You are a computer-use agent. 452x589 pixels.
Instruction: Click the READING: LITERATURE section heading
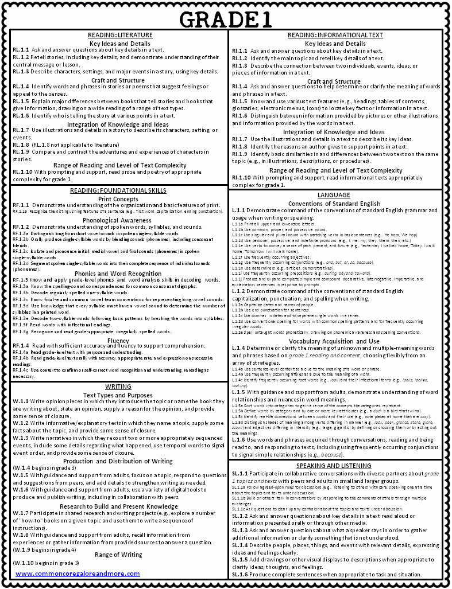pos(119,36)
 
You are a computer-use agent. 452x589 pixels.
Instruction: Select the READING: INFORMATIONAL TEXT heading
pos(335,36)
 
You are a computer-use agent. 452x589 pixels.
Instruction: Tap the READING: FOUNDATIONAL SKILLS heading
pos(118,190)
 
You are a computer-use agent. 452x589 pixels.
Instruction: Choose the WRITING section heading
pos(118,387)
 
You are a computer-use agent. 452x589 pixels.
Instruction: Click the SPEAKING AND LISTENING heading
pos(334,466)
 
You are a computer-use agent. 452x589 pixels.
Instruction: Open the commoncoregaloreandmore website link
pos(78,574)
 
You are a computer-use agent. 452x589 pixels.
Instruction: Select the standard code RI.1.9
pos(239,154)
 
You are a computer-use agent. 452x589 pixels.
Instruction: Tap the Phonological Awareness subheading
pos(117,220)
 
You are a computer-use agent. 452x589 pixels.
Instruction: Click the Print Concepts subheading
pos(118,198)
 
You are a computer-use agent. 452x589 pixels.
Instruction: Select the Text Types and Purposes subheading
pos(118,395)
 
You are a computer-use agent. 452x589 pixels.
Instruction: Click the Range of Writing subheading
pos(118,555)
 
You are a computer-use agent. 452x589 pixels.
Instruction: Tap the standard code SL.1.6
pos(239,575)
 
